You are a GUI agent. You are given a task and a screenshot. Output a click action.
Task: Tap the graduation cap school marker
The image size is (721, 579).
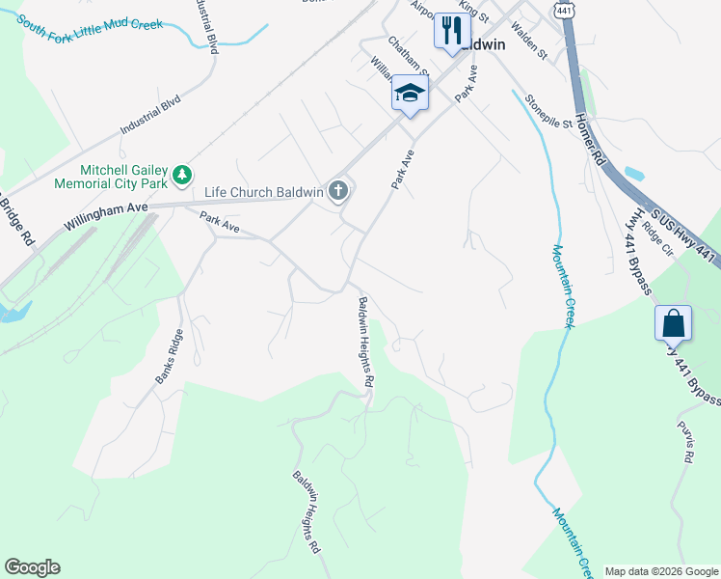[x=410, y=95]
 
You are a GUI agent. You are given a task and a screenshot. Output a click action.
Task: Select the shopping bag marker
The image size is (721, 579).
[x=673, y=323]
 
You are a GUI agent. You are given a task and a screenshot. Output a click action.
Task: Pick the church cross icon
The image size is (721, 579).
[x=337, y=191]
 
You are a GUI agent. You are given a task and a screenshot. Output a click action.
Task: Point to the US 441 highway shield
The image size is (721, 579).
[x=565, y=8]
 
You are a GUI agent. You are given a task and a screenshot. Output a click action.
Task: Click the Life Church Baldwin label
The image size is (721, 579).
[x=263, y=192]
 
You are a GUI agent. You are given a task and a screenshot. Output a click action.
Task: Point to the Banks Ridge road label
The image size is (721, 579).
[x=169, y=358]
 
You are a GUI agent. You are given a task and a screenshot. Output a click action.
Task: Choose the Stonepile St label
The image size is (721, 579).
[x=548, y=111]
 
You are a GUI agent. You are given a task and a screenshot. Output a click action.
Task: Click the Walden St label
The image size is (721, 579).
[x=530, y=42]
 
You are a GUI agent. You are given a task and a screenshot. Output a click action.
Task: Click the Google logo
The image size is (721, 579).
[x=32, y=567]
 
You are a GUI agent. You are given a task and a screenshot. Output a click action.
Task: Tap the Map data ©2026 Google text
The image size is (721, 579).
[x=661, y=571]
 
